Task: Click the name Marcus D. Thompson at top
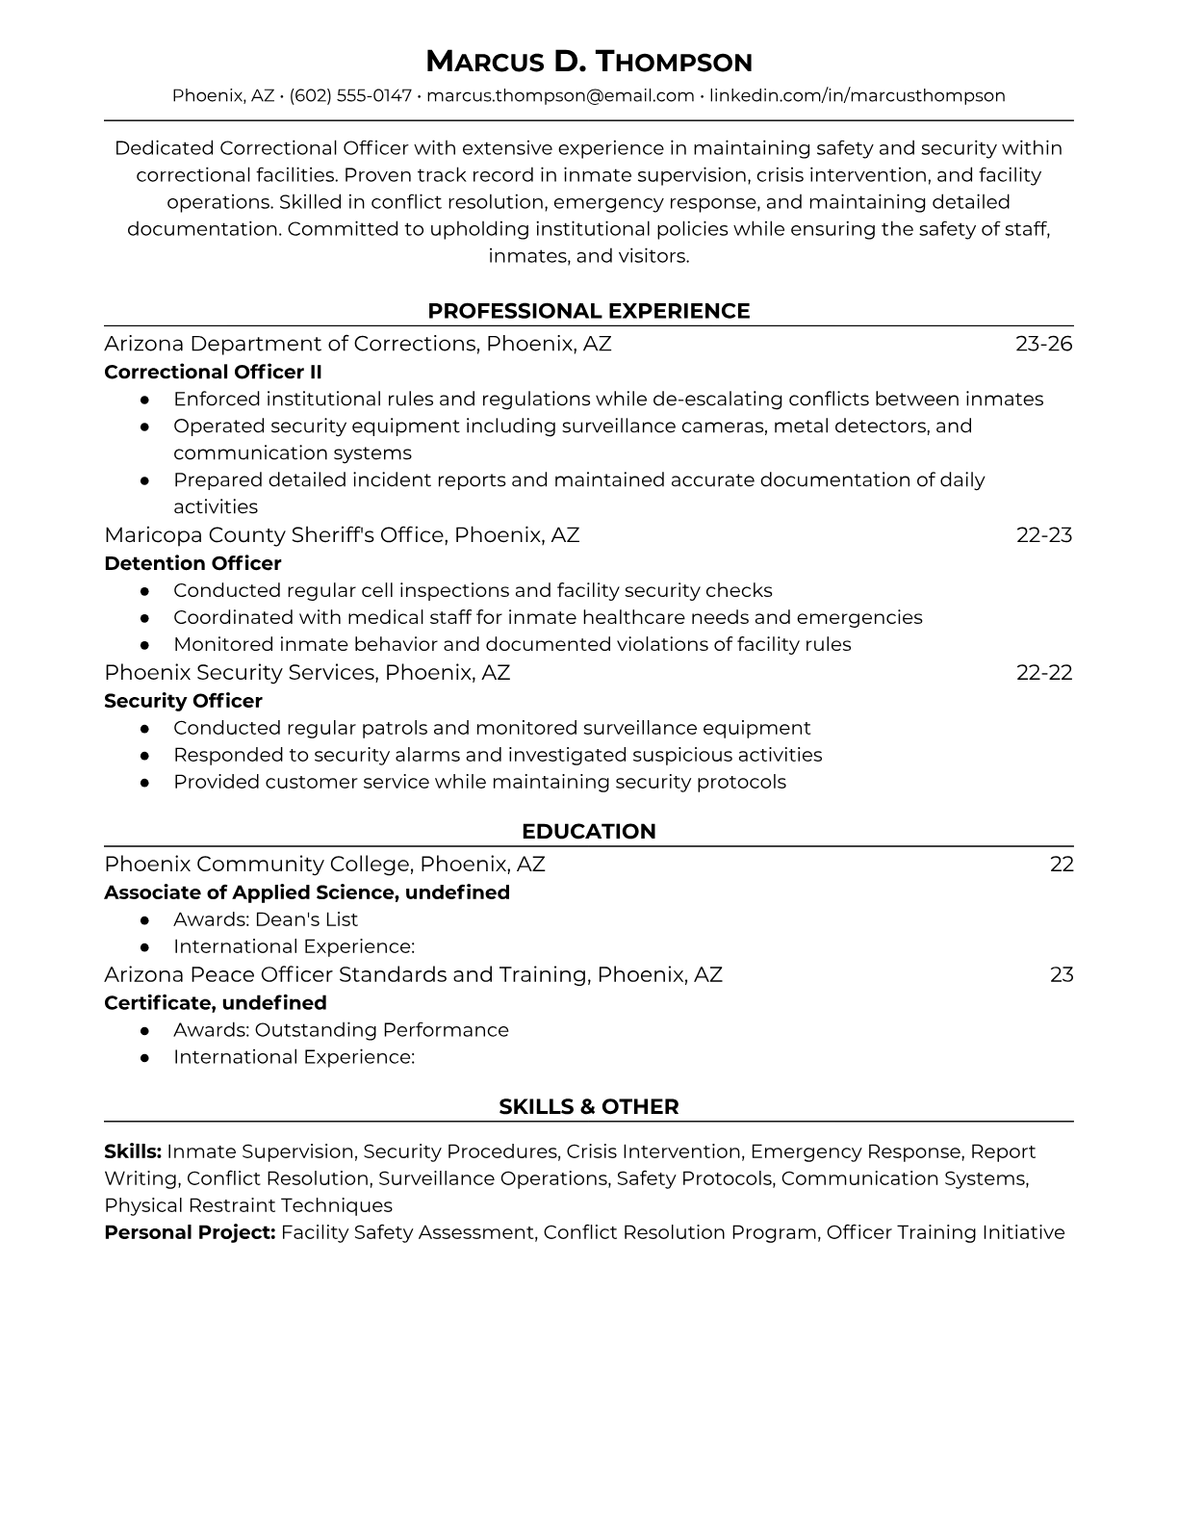(588, 62)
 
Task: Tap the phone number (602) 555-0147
(350, 95)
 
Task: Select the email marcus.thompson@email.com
(560, 95)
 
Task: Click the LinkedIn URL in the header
(857, 95)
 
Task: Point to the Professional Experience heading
(588, 311)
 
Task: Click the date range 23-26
(1043, 344)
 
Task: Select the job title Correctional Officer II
(213, 372)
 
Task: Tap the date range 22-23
(1043, 534)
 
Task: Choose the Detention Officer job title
(192, 563)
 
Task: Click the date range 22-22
(1043, 672)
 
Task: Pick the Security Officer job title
(183, 701)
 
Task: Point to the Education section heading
(588, 832)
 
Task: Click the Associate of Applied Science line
(306, 892)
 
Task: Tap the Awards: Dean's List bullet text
(265, 919)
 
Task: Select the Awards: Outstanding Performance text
(341, 1030)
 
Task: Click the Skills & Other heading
(588, 1107)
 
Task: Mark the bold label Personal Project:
(190, 1232)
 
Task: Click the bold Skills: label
(133, 1151)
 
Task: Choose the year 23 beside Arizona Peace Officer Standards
(1061, 974)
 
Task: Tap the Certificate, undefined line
(215, 1002)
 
